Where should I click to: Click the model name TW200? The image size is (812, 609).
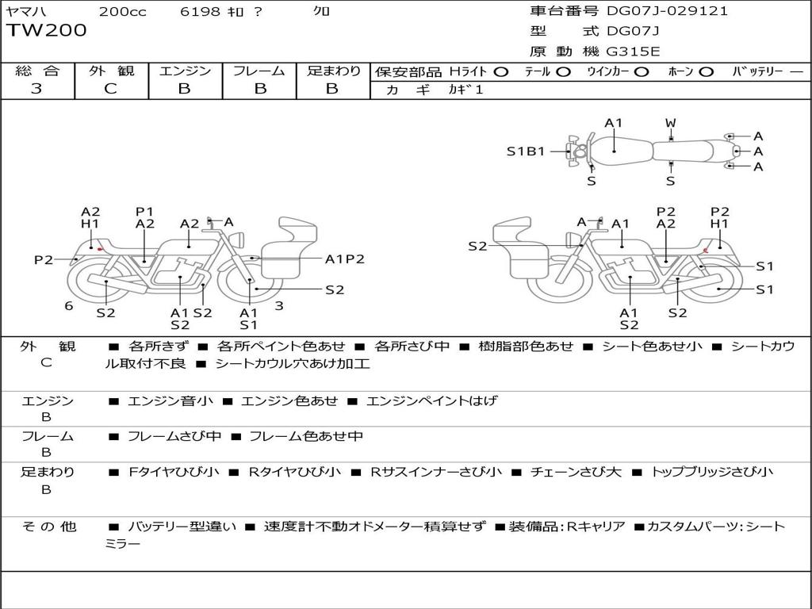[x=47, y=31]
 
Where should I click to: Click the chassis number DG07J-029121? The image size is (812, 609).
[x=667, y=11]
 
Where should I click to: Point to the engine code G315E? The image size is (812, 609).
[x=634, y=52]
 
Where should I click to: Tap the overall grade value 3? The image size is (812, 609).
[x=36, y=89]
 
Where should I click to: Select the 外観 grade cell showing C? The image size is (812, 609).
[x=110, y=89]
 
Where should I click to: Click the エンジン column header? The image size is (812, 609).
[x=185, y=71]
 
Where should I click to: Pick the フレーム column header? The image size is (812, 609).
[x=260, y=71]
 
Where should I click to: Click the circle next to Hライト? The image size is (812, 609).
[x=500, y=71]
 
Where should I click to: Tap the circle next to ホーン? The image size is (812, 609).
[x=706, y=71]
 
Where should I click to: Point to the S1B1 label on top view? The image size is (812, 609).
[x=526, y=151]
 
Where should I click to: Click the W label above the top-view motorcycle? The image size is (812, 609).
[x=670, y=123]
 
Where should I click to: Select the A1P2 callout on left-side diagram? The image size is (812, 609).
[x=345, y=259]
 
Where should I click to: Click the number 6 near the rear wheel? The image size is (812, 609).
[x=69, y=305]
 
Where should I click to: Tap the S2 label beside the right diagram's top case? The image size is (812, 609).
[x=477, y=247]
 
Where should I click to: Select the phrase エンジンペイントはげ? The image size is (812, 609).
[x=431, y=401]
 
